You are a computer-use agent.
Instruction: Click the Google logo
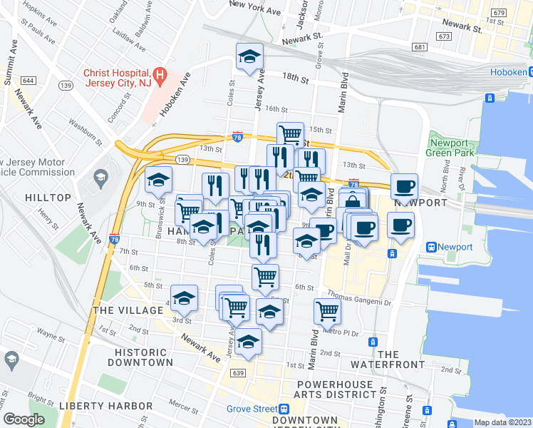24,419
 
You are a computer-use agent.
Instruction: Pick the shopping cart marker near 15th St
290,133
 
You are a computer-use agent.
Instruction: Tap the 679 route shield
498,13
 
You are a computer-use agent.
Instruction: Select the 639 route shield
239,373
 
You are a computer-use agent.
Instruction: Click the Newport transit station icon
431,247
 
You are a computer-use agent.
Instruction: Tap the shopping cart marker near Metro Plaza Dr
327,310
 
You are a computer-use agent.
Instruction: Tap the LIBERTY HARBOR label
105,406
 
